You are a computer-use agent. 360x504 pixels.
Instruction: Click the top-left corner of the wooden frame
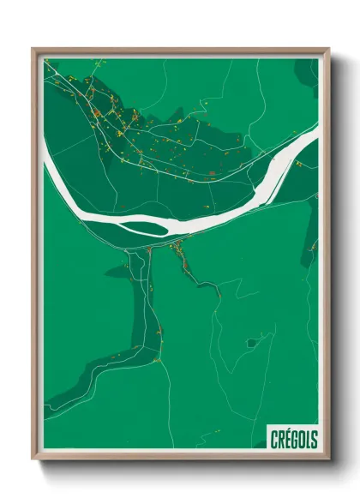coord(34,50)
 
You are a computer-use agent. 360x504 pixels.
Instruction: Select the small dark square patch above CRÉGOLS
coord(251,343)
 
